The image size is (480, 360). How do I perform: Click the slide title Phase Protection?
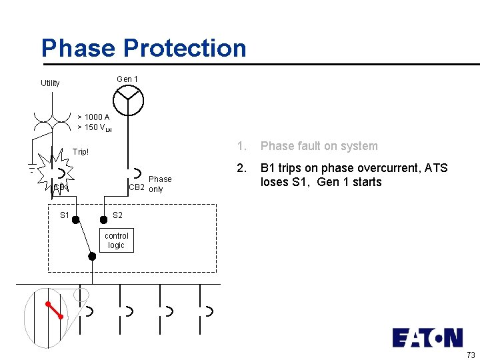143,48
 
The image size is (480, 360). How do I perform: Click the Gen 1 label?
127,79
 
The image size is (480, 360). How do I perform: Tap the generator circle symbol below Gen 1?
127,101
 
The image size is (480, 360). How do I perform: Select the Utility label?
50,83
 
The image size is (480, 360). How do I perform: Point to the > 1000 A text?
93,117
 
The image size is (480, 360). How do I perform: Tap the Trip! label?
81,152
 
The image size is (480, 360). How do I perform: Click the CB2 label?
136,189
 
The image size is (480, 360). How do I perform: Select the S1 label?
65,215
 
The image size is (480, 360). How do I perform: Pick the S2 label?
117,215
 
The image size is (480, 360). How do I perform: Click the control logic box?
117,241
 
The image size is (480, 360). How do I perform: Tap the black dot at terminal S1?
76,219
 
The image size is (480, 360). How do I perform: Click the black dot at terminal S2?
103,219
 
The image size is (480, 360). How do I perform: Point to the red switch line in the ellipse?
55,310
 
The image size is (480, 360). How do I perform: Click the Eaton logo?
427,337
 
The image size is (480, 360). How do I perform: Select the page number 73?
471,354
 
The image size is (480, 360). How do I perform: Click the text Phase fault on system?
319,146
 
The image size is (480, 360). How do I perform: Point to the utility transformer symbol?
52,119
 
